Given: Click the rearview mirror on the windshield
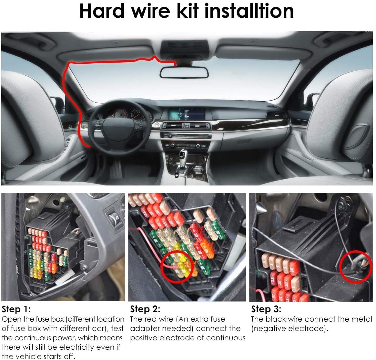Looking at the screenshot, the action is (184, 72).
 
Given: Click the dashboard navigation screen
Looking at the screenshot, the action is (187, 114).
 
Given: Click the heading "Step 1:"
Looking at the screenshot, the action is (16, 309).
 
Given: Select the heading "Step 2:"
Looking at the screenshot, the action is (145, 309).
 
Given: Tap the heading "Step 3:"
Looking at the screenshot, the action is (266, 309).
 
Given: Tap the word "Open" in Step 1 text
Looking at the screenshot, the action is (10, 319).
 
